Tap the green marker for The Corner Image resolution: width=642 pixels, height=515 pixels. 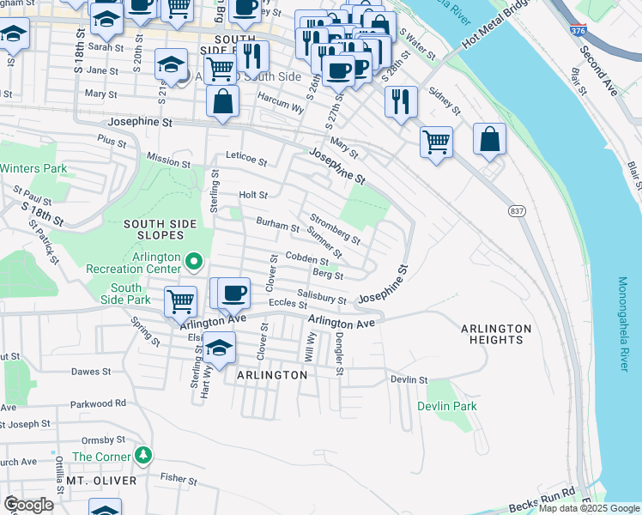[x=145, y=455]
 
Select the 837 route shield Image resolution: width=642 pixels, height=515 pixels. [x=517, y=211]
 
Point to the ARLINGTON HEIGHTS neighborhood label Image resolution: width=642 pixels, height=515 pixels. [x=496, y=334]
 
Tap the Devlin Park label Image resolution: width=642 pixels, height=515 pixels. [x=446, y=406]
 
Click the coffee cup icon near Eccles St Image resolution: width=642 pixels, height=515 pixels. [x=233, y=294]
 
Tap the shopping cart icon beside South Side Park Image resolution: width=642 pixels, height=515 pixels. [x=180, y=301]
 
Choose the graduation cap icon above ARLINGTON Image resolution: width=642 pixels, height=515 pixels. [x=220, y=348]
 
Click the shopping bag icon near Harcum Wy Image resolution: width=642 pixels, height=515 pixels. [x=222, y=101]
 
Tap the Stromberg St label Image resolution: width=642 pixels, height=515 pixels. [x=335, y=229]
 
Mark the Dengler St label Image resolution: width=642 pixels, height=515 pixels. [x=340, y=354]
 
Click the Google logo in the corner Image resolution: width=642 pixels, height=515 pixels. [x=28, y=505]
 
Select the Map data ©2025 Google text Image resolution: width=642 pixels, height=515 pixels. [x=589, y=508]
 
